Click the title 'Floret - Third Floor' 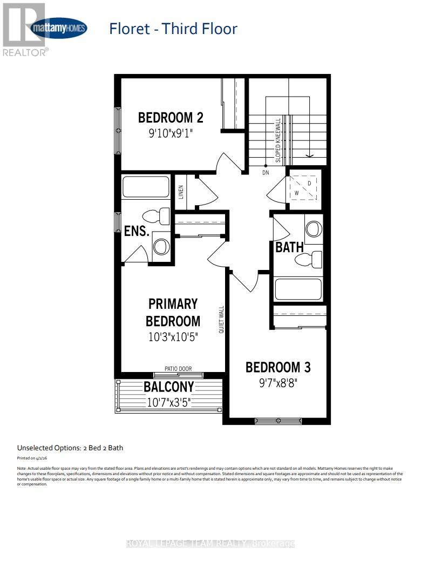tap(173, 29)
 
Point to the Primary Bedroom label tap(173, 312)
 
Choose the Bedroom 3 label tap(278, 367)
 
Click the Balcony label tap(168, 387)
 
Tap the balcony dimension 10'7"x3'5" tap(169, 402)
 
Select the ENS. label tap(137, 231)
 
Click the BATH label tap(289, 248)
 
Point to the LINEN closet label tap(181, 192)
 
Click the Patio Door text tap(178, 369)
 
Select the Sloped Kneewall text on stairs tap(278, 140)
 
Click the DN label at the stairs tap(265, 173)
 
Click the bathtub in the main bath tap(298, 289)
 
